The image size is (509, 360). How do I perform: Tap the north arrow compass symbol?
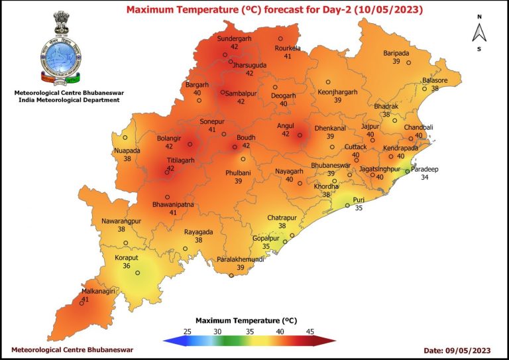479,32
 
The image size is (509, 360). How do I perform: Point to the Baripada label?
396,53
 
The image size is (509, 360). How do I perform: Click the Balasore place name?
435,80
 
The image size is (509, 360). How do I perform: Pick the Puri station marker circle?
347,206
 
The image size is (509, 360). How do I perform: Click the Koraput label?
126,257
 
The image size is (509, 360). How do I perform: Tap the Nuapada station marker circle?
125,138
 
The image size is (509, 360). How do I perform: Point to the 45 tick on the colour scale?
310,331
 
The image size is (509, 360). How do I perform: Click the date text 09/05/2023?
472,349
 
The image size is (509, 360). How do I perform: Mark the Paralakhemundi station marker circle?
231,276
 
